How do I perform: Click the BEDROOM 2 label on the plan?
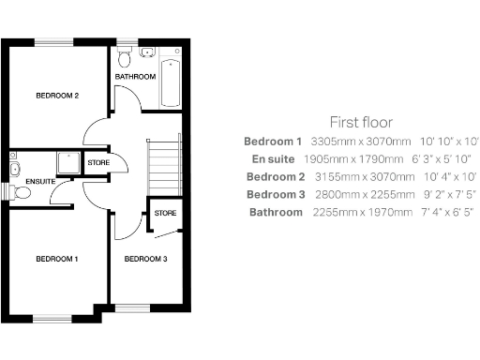56,96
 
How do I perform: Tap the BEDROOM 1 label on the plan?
56,258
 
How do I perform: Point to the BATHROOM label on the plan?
135,75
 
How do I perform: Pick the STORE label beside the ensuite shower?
97,163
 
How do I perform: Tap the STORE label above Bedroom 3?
165,213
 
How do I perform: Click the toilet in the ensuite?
21,192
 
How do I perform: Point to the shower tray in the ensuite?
66,164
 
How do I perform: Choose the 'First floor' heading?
360,122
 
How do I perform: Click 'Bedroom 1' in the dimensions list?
273,141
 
